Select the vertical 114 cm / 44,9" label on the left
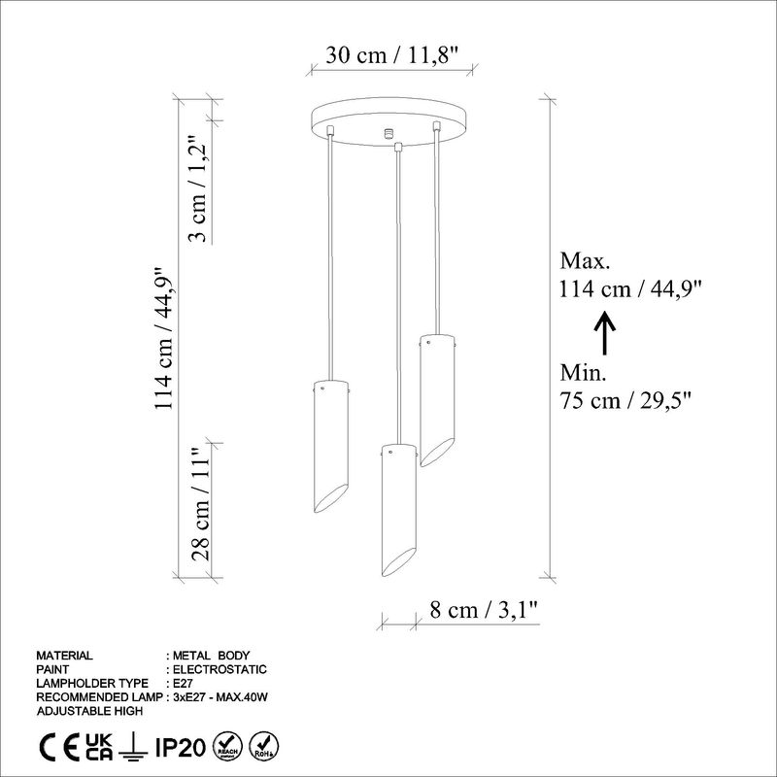tap(166, 338)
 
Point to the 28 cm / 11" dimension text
tap(199, 505)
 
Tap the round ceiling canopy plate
tap(388, 121)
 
